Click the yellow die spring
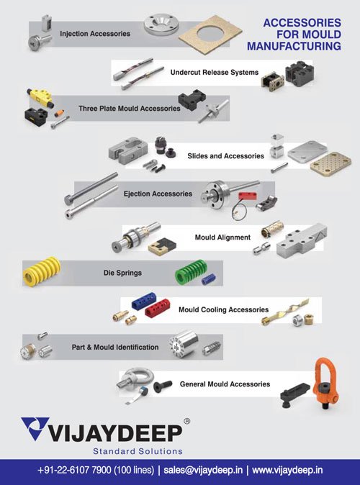tap(42, 271)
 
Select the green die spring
tap(191, 271)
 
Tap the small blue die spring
tap(208, 279)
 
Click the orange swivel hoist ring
tap(326, 383)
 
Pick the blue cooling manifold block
tap(144, 300)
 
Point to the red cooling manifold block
tap(158, 307)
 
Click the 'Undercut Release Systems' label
tap(215, 73)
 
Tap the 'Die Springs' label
tap(122, 273)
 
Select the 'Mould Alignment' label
tap(222, 237)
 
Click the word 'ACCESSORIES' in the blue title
tap(302, 22)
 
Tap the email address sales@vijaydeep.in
tap(203, 470)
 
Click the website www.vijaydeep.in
tap(287, 470)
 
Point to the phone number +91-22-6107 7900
tap(74, 470)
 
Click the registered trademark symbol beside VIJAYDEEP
tap(187, 421)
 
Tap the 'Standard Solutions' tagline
tap(138, 451)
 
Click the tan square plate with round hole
tap(210, 35)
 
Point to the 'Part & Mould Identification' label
tap(115, 347)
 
